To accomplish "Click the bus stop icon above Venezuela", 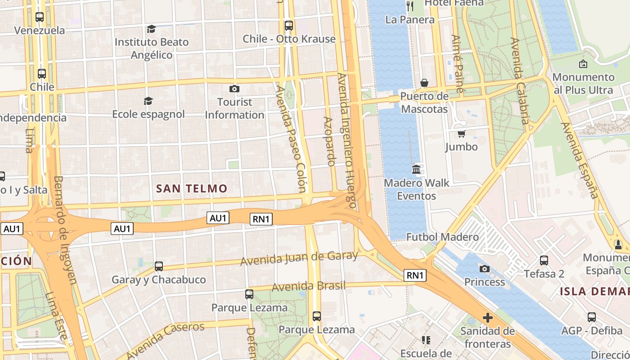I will coord(40,17).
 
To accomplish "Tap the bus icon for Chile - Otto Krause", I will coord(289,26).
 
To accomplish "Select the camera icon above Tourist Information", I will coord(234,89).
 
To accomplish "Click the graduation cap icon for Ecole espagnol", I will coord(148,101).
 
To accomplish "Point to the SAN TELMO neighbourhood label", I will coord(192,189).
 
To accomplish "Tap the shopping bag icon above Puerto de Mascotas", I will coord(424,83).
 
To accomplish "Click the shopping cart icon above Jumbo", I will coord(461,134).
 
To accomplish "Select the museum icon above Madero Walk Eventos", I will coord(416,170).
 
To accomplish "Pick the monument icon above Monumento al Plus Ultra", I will coord(583,64).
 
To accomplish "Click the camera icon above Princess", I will coord(484,269).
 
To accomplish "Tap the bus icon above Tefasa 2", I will coord(544,260).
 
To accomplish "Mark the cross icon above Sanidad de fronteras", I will coord(487,318).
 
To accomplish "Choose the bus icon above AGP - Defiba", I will coord(591,317).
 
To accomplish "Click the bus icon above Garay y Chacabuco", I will coord(158,266).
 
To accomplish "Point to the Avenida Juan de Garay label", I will coord(299,258).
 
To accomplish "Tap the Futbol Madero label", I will coord(442,237).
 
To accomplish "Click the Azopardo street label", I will coord(329,141).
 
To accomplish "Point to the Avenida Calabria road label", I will coord(520,81).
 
